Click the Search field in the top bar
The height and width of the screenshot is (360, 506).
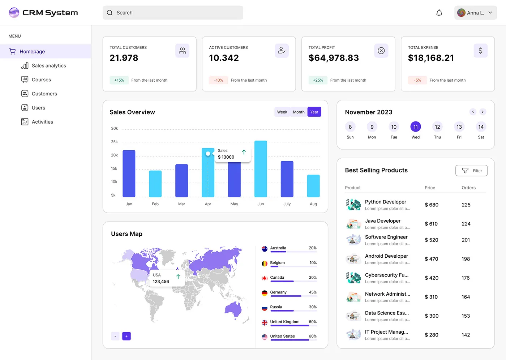(173, 13)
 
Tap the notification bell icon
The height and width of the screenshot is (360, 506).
(439, 13)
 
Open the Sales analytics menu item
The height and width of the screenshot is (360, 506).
(49, 66)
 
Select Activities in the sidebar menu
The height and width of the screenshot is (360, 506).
(42, 122)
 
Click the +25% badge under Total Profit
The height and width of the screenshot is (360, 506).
(318, 80)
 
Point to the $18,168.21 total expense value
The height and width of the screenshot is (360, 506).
(430, 58)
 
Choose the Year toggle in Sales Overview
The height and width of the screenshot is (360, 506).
(314, 112)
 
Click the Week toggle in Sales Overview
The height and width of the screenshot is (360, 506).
(282, 112)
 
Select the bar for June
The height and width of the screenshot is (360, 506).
(261, 169)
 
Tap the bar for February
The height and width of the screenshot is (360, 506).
(155, 184)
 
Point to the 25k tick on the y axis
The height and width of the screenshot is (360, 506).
(114, 142)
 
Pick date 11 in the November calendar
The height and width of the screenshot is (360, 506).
(415, 127)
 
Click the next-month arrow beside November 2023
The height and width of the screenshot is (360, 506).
(483, 112)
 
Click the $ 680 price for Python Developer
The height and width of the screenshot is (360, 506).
(431, 205)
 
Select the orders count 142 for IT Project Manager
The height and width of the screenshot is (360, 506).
(466, 335)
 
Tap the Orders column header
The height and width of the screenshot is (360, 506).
(468, 188)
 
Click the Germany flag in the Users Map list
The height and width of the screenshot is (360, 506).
(265, 293)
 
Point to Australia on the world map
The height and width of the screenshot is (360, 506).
(233, 309)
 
